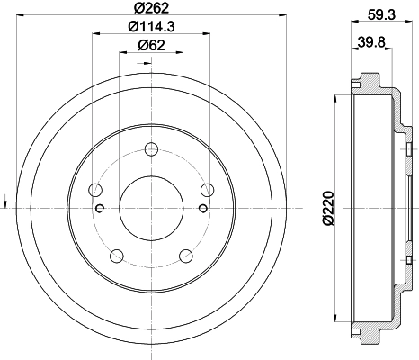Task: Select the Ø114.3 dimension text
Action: click(x=150, y=29)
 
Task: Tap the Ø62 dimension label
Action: click(x=150, y=48)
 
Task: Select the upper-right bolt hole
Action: click(x=207, y=189)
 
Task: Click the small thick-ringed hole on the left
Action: click(x=100, y=209)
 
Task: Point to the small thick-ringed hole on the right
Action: click(x=203, y=209)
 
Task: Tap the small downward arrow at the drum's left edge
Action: click(x=6, y=200)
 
